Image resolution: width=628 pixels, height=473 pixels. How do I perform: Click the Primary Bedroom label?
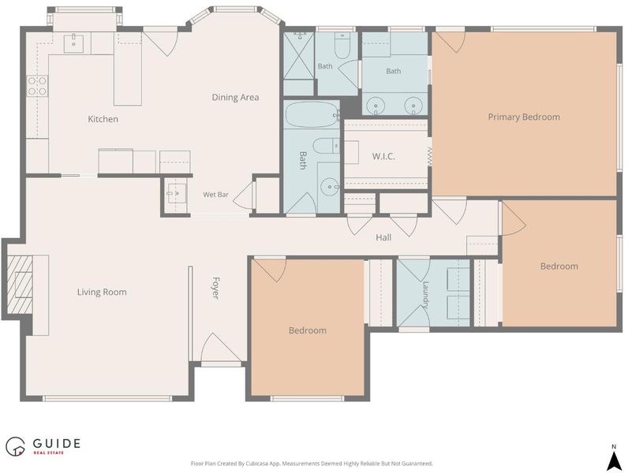click(x=524, y=117)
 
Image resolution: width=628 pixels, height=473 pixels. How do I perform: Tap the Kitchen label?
click(x=103, y=119)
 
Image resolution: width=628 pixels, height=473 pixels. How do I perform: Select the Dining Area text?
click(x=235, y=97)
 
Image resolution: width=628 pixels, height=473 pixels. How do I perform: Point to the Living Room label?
click(x=102, y=292)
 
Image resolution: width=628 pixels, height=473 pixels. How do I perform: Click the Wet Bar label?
click(x=215, y=195)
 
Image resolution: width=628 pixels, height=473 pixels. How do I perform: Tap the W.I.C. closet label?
click(x=383, y=156)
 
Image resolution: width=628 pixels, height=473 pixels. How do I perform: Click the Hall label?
click(x=383, y=237)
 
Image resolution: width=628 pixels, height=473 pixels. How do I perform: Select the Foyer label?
click(x=215, y=288)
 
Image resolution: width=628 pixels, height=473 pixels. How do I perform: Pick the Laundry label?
click(x=425, y=295)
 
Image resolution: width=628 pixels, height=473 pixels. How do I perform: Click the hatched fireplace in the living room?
click(x=20, y=284)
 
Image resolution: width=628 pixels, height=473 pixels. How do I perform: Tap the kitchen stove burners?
click(x=37, y=86)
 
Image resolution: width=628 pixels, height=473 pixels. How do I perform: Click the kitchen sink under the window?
click(x=73, y=43)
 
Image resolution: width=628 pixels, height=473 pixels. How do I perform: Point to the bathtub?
click(x=312, y=115)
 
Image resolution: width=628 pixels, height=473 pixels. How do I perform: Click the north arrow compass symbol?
click(x=614, y=458)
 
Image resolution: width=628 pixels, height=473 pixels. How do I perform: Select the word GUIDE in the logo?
click(x=57, y=443)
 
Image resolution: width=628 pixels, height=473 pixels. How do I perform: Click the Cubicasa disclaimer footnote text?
click(x=312, y=464)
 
